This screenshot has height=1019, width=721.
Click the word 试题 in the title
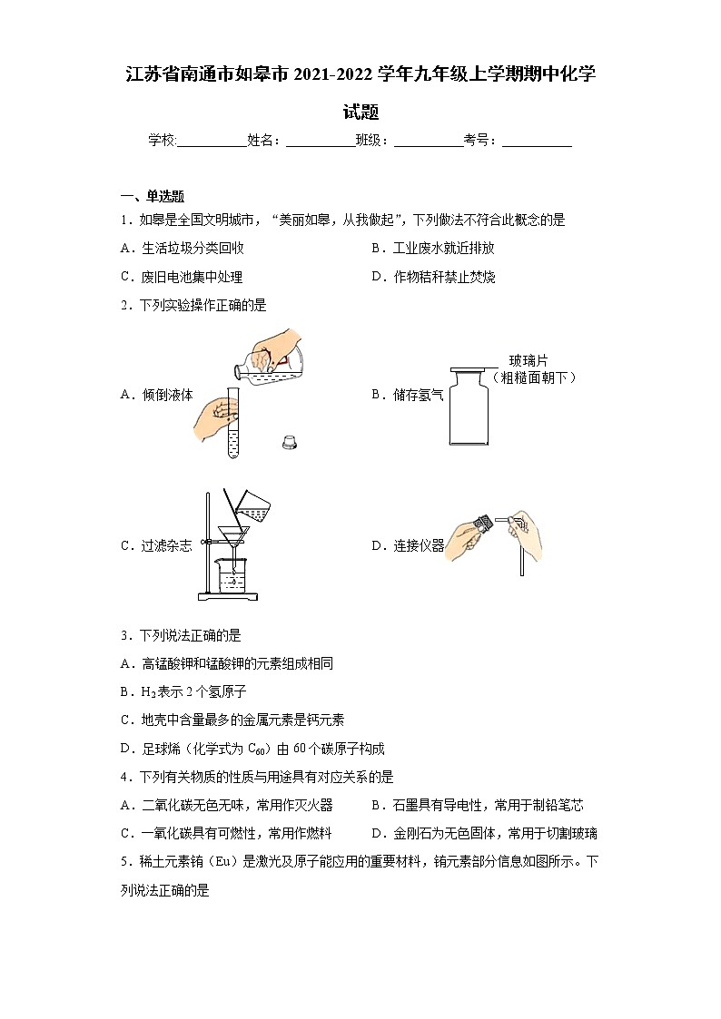pos(360,113)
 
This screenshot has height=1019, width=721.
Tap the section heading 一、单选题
pos(153,196)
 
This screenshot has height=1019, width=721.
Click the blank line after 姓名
pos(320,141)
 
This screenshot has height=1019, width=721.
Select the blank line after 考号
pos(537,141)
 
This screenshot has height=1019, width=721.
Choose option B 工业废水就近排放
pos(432,248)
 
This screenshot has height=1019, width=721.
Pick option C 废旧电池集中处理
pos(182,277)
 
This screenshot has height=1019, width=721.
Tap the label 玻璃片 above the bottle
pos(528,360)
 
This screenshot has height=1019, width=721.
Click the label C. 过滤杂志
pos(156,545)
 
